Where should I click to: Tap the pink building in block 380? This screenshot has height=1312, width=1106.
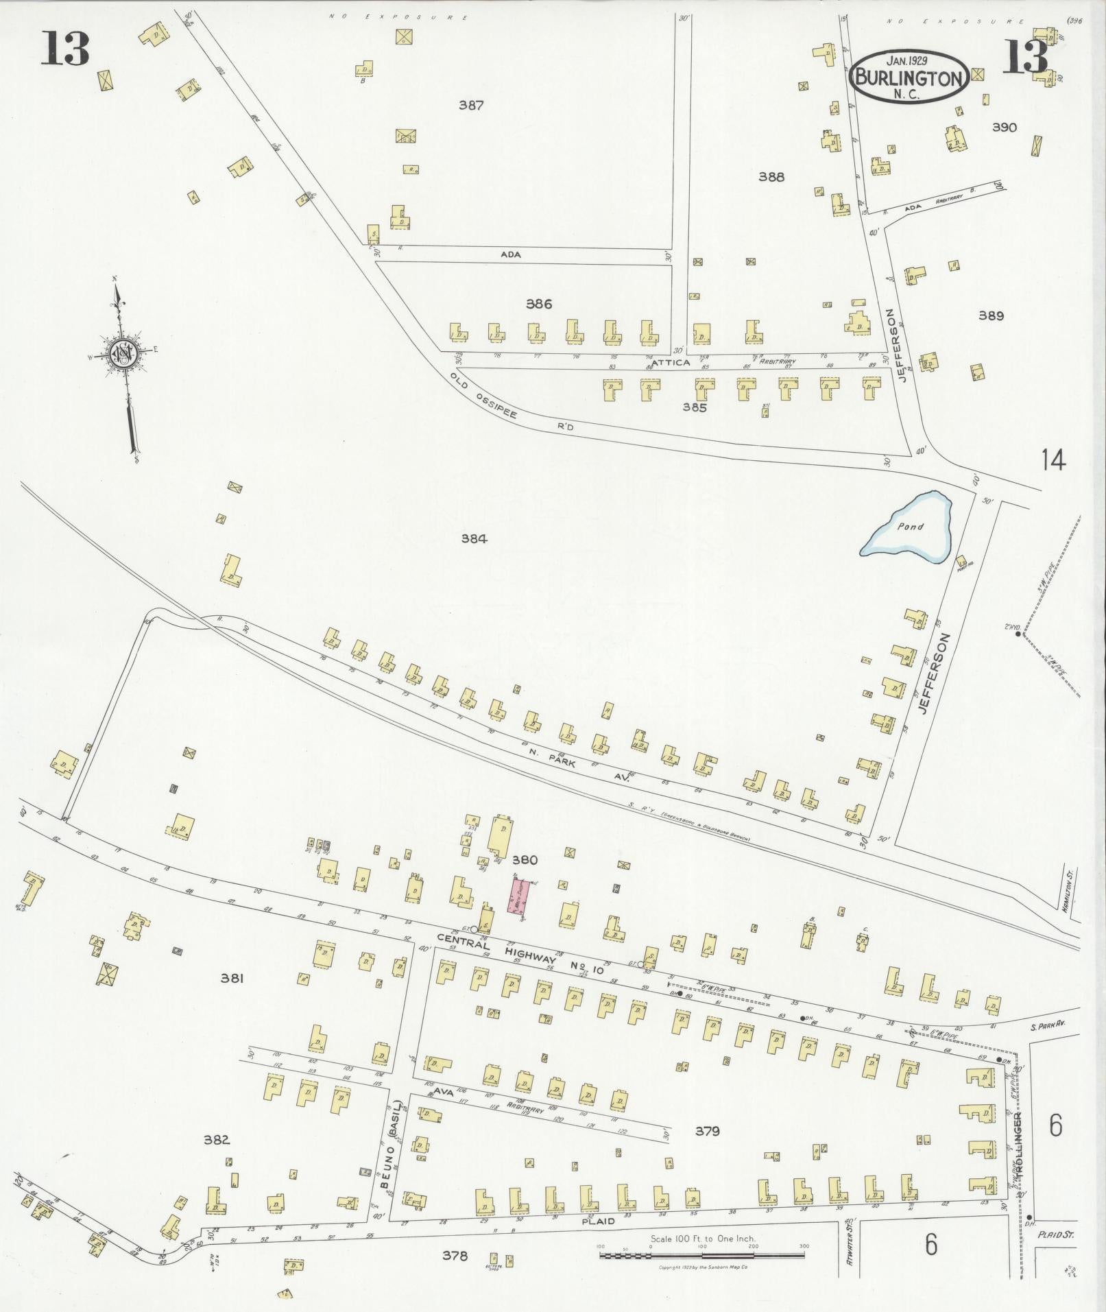click(518, 896)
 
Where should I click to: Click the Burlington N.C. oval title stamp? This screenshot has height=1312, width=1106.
click(909, 76)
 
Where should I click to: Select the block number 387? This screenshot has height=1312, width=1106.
click(471, 106)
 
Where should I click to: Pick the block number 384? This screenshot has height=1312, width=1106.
click(474, 539)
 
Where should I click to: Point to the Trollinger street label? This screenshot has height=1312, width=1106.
click(1022, 1143)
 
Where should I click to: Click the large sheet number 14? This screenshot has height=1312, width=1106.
click(1053, 459)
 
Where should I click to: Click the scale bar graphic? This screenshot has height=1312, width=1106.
click(701, 1255)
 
